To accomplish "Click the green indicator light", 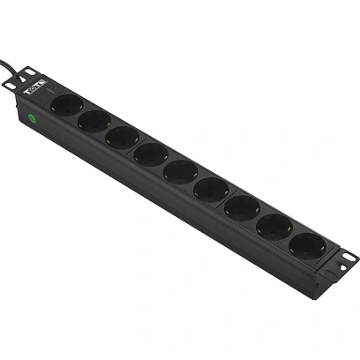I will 31,116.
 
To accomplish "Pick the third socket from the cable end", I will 121,137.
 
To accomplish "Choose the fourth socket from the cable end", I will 150,154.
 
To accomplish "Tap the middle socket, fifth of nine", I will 179,170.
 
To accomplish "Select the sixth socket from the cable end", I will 210,188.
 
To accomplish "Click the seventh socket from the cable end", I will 241,206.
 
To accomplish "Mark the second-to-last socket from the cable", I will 273,225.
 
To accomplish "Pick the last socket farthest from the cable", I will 306,244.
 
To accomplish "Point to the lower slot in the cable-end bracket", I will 12,86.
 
